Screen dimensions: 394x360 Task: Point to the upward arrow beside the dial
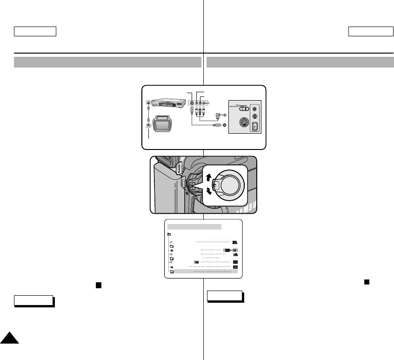click(208, 177)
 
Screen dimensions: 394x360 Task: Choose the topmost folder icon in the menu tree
click(169, 234)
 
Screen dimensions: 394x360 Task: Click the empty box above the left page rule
click(35, 32)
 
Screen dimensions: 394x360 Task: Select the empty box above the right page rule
click(370, 32)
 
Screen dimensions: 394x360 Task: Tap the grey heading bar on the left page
click(107, 62)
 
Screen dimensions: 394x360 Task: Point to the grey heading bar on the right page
click(300, 62)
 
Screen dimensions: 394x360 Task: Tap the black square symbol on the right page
click(367, 281)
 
